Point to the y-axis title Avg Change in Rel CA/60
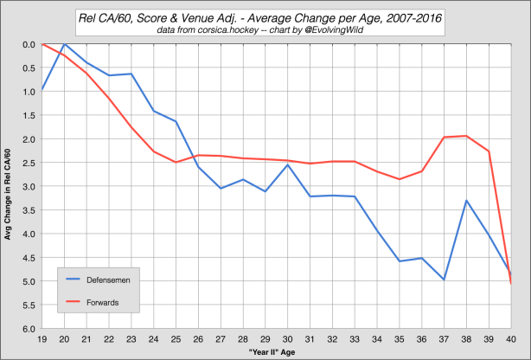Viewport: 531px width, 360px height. [x=9, y=186]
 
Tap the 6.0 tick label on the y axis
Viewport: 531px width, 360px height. [x=28, y=329]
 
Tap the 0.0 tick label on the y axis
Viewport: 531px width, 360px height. [x=28, y=44]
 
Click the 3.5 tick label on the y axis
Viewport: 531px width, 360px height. [x=28, y=210]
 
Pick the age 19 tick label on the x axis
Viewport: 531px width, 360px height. [x=42, y=338]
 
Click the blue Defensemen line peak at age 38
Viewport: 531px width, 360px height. [x=467, y=201]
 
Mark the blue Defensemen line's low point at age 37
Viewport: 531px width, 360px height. [x=445, y=280]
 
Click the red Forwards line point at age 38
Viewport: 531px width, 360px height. [x=467, y=136]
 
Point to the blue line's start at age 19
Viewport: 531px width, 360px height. [x=42, y=90]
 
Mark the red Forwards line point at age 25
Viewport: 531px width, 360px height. [x=176, y=163]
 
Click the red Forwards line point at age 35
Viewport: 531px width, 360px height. [x=400, y=179]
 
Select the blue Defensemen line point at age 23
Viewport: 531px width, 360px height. [x=131, y=74]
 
